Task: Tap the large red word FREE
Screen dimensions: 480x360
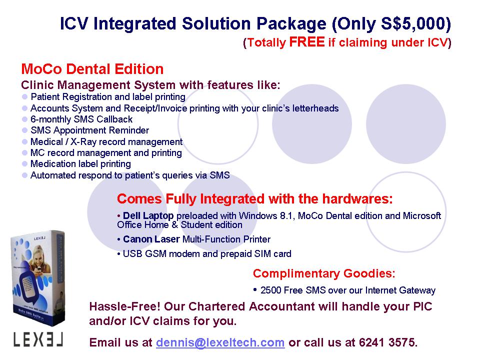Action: (306, 42)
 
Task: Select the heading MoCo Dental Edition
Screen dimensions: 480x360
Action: (92, 69)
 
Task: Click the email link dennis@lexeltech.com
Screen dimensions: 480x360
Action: (220, 342)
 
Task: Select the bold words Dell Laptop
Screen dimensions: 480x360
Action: (148, 215)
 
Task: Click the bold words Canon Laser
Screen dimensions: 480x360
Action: (151, 239)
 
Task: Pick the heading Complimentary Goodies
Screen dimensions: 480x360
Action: (324, 273)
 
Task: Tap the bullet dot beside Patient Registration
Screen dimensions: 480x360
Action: (25, 96)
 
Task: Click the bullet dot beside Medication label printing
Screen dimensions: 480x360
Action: (25, 164)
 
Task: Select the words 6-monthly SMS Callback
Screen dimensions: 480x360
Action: (81, 119)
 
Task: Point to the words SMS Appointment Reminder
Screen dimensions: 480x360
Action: (89, 130)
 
